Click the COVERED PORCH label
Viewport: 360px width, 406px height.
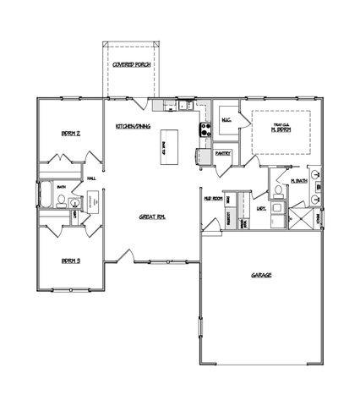point(131,65)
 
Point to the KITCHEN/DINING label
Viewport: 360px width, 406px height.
point(134,127)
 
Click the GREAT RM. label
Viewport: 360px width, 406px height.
point(151,217)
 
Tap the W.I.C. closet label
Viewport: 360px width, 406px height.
point(226,120)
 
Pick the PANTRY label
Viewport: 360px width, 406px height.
point(223,154)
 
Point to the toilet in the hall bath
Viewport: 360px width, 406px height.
point(62,200)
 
